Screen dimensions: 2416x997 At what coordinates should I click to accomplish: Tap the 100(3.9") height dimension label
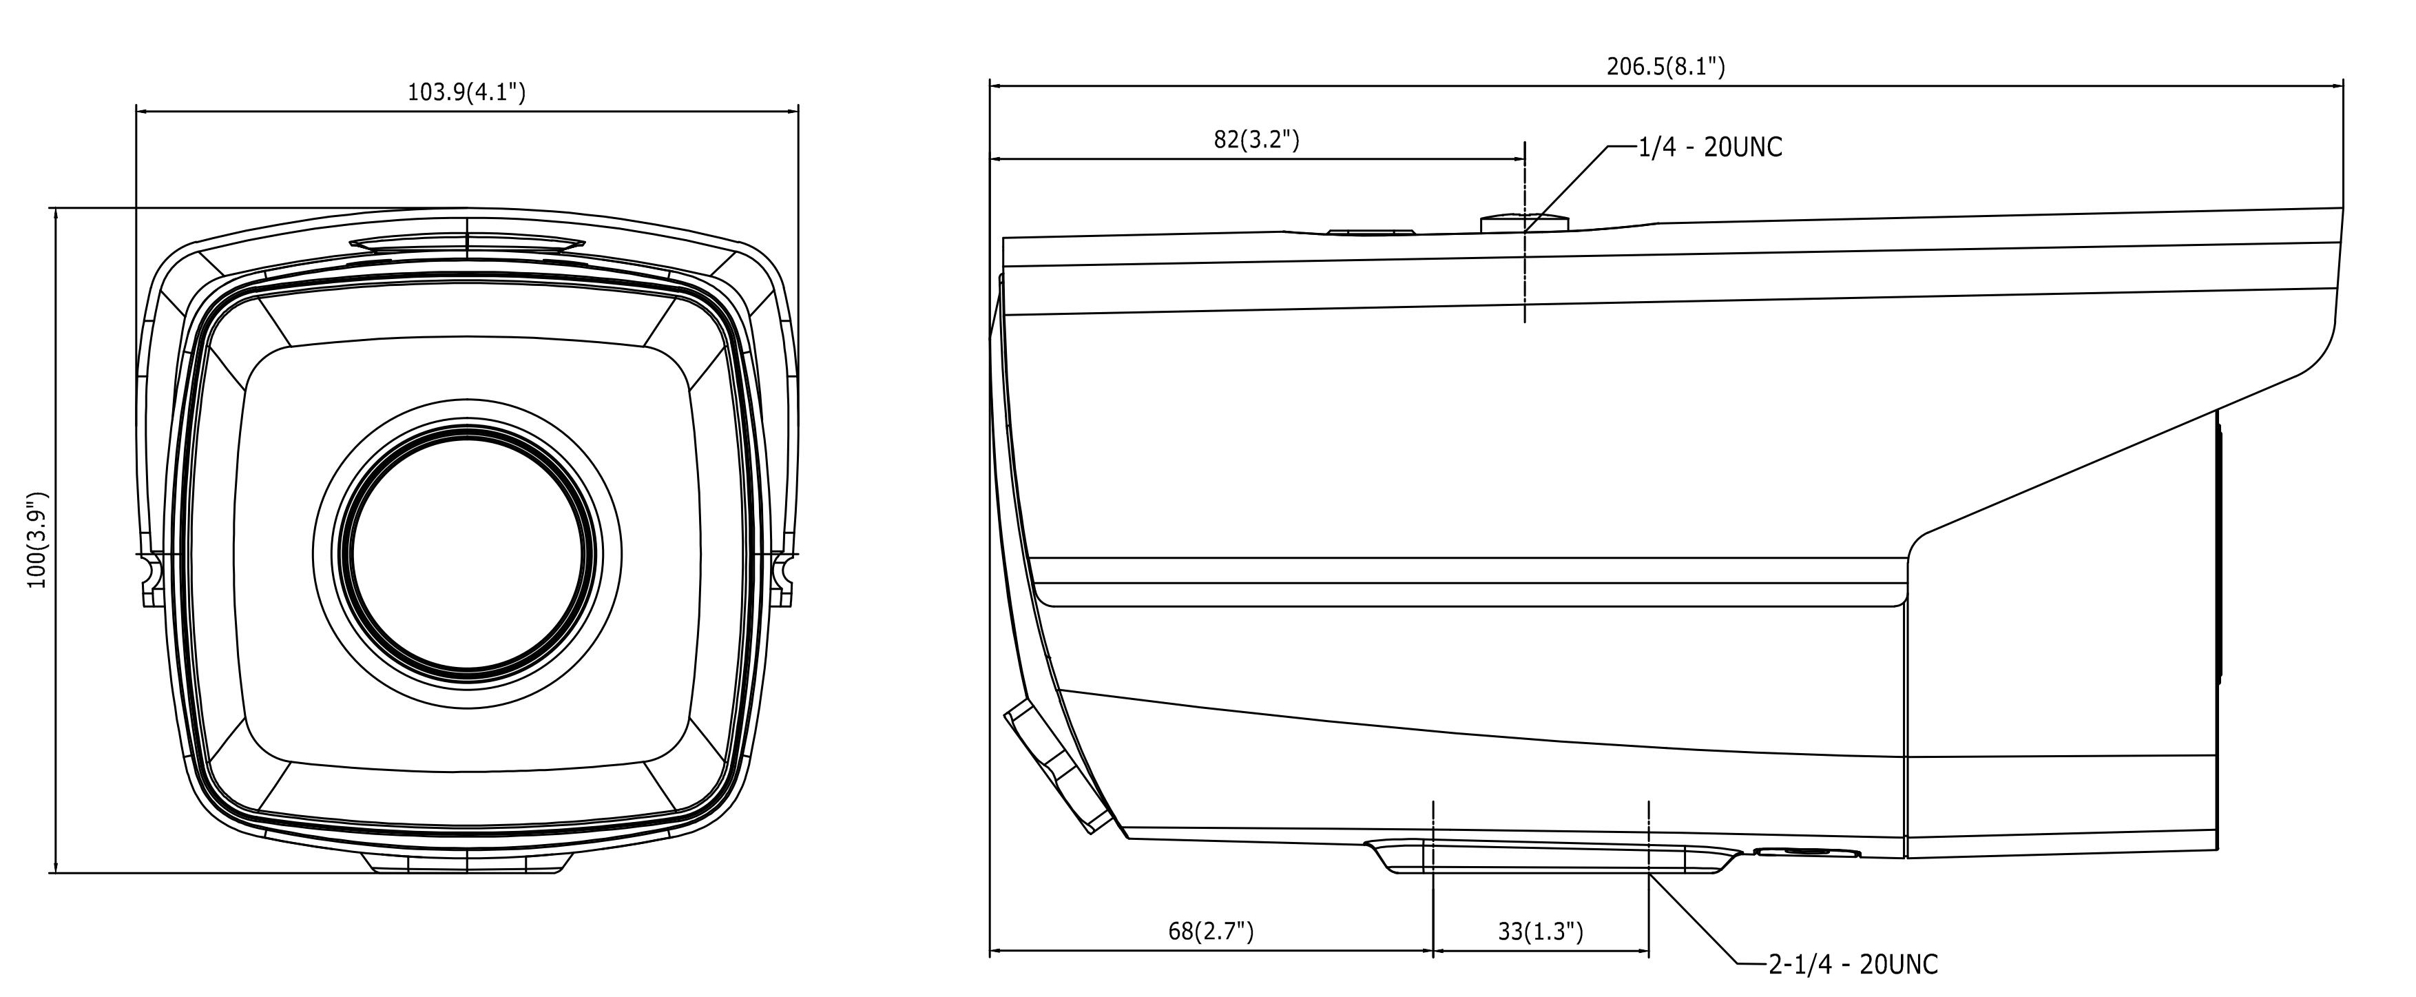pos(37,540)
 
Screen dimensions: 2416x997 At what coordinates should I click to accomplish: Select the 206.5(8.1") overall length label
pos(1666,67)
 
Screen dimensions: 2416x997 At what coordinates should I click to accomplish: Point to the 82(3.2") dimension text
pos(1257,140)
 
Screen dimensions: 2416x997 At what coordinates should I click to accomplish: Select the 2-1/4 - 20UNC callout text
pos(1853,964)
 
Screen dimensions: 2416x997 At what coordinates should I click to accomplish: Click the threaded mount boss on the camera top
pos(1524,223)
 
